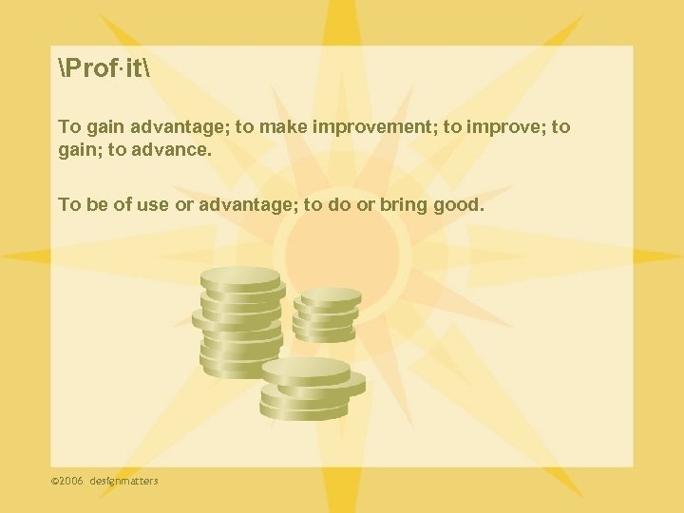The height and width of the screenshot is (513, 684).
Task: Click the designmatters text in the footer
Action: click(124, 481)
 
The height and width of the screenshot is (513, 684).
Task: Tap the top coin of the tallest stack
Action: click(241, 277)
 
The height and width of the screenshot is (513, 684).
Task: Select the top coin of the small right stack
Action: click(327, 296)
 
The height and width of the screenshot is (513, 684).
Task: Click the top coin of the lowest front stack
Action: click(306, 369)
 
